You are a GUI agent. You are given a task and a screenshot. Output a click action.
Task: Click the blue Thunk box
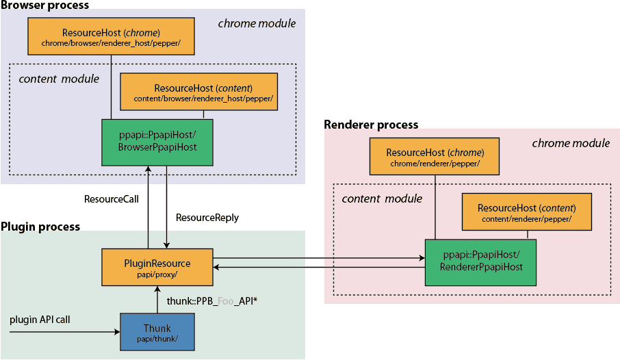coord(157,332)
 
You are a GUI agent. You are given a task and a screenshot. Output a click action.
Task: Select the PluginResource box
coord(157,267)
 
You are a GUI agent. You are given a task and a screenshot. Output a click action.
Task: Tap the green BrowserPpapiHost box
coord(157,142)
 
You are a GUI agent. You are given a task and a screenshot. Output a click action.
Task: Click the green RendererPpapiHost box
coord(480,262)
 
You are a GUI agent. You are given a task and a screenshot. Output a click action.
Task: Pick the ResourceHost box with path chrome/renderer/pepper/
coord(435,156)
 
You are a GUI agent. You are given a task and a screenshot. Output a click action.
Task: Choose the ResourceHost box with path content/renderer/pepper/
coord(527,211)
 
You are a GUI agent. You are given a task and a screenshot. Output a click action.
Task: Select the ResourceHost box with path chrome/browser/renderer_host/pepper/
coord(111,36)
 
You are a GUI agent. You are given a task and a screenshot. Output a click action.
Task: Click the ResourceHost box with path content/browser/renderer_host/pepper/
coord(199,92)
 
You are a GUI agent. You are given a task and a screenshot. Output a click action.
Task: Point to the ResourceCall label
coord(112,199)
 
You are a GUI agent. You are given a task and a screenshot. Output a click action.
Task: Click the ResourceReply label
coord(207,218)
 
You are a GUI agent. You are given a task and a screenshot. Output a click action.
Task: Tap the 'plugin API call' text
coord(40,320)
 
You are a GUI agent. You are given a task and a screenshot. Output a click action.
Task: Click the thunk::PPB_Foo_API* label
coord(212,301)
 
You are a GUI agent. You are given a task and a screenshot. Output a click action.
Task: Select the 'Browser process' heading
coord(44,5)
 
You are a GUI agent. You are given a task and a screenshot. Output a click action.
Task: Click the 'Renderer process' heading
coord(371,125)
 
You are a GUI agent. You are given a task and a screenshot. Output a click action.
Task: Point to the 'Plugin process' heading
coord(40,227)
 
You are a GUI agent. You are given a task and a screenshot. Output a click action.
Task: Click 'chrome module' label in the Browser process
coord(257,24)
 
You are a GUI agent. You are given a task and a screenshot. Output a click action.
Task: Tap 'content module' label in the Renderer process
coord(382,198)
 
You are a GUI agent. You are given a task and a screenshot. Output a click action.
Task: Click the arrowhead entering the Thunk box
coord(118,332)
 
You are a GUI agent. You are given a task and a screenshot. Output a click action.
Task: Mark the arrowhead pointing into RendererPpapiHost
coord(422,258)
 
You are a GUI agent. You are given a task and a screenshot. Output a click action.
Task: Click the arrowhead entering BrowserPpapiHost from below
coord(148,169)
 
